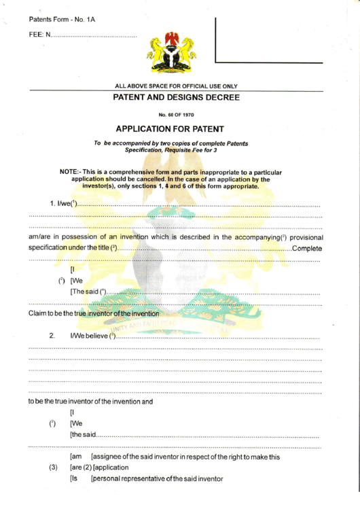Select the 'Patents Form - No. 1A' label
62,19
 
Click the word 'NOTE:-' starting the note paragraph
72,173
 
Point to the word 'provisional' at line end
303,236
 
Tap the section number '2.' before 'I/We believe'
52,336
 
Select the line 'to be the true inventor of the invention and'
90,401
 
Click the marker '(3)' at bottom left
52,468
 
